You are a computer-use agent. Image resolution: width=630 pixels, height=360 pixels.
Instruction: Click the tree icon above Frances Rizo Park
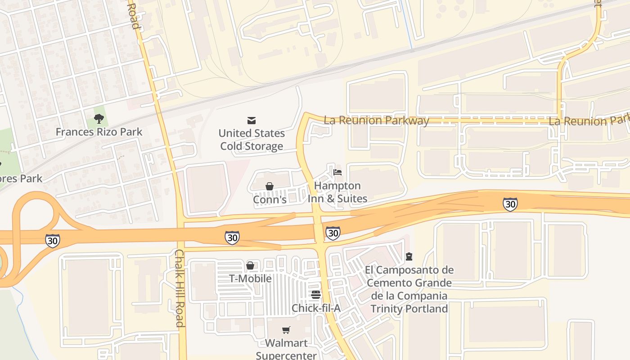[x=99, y=119]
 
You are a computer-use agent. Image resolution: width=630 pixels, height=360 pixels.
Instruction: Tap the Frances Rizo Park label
[x=99, y=132]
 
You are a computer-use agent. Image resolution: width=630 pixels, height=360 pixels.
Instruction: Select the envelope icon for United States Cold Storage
[x=252, y=120]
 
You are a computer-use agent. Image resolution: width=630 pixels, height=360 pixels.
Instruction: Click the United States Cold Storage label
[x=252, y=139]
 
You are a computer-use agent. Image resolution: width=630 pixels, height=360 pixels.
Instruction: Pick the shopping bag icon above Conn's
[x=270, y=186]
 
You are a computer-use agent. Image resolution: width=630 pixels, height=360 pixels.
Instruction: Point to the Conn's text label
[x=270, y=199]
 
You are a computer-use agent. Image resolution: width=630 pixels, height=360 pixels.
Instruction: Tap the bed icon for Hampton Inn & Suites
[x=337, y=172]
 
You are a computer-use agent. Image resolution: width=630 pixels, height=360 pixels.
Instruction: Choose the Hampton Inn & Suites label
[x=337, y=192]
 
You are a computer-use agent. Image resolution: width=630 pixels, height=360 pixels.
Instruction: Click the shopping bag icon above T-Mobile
[x=250, y=265]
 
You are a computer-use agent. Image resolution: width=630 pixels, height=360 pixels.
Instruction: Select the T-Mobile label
[x=250, y=279]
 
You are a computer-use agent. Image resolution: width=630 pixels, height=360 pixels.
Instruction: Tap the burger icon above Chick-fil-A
[x=316, y=295]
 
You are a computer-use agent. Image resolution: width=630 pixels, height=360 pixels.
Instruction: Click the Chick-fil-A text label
[x=316, y=308]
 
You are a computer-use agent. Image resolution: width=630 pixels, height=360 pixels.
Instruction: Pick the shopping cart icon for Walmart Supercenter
[x=286, y=330]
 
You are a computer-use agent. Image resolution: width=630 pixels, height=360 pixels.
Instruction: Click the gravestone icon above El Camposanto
[x=409, y=256]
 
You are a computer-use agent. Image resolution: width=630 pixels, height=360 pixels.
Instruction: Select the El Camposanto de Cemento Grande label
[x=409, y=289]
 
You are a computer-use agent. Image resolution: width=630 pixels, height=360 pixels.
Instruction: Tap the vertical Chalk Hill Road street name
[x=179, y=288]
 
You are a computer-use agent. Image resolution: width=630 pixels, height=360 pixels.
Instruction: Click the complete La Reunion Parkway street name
[x=376, y=120]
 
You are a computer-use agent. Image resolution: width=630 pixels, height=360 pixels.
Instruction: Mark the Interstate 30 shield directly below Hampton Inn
[x=333, y=233]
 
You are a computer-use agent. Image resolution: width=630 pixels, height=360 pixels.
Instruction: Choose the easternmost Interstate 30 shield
[x=510, y=204]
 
